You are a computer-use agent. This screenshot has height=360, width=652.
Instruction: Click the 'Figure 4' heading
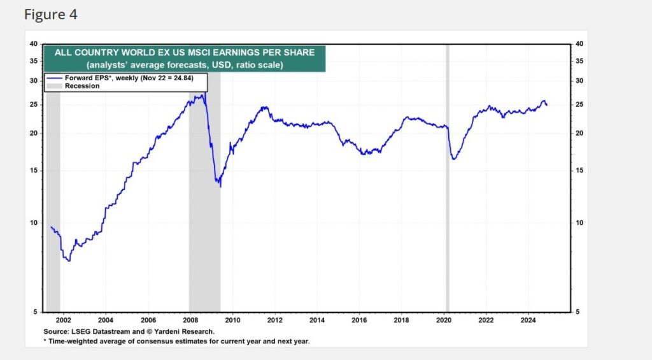pyautogui.click(x=51, y=14)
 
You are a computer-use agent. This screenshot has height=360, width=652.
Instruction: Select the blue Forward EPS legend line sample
pyautogui.click(x=55, y=78)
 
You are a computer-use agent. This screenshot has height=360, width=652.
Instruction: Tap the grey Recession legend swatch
pyautogui.click(x=55, y=85)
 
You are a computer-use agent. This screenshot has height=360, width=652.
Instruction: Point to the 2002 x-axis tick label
pyautogui.click(x=63, y=320)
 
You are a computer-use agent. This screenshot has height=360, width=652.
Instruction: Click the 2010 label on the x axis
pyautogui.click(x=232, y=320)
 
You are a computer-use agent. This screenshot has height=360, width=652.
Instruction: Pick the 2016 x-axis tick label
pyautogui.click(x=359, y=320)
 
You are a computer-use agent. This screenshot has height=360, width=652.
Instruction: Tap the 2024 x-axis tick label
pyautogui.click(x=528, y=320)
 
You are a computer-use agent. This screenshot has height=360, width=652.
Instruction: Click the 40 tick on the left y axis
pyautogui.click(x=33, y=44)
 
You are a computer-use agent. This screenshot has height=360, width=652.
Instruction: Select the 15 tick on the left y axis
pyautogui.click(x=33, y=170)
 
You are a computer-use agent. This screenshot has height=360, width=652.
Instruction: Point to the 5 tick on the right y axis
pyautogui.click(x=578, y=312)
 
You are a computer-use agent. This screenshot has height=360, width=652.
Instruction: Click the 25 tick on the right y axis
pyautogui.click(x=579, y=104)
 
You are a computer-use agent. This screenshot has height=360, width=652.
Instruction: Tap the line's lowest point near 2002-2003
pyautogui.click(x=68, y=261)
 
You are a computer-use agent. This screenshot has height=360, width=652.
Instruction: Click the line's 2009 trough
pyautogui.click(x=220, y=185)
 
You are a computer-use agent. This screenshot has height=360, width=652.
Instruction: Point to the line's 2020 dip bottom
pyautogui.click(x=453, y=159)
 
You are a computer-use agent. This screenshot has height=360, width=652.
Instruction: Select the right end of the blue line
pyautogui.click(x=546, y=105)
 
